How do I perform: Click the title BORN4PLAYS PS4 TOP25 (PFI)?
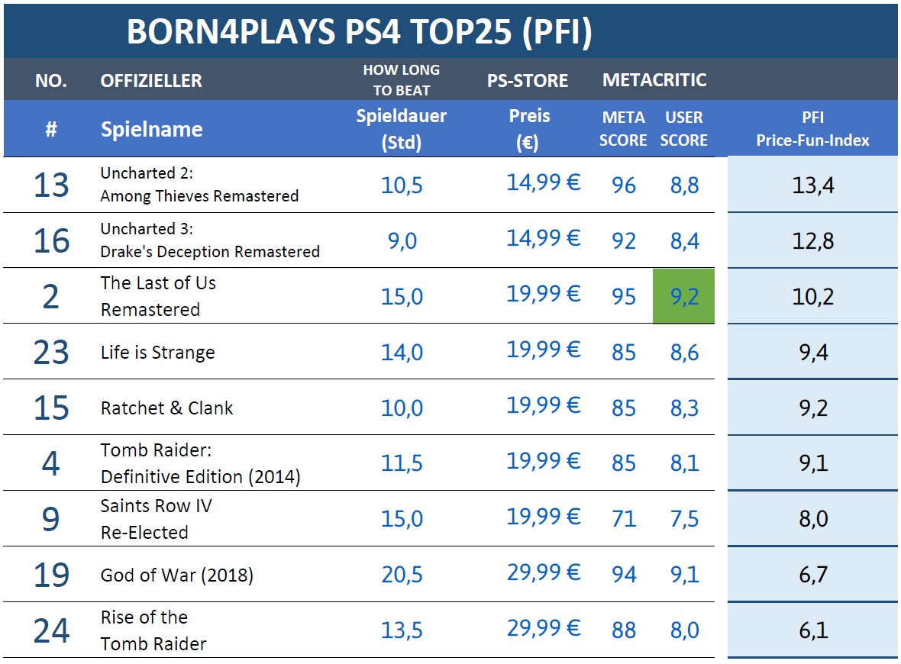click(x=359, y=32)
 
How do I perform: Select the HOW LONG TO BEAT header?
click(x=401, y=80)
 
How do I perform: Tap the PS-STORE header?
click(x=528, y=80)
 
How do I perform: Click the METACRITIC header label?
click(x=654, y=79)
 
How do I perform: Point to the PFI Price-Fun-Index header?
click(x=812, y=129)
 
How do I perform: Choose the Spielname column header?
click(x=151, y=129)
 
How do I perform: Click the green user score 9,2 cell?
click(x=684, y=296)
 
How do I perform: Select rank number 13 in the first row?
click(x=51, y=185)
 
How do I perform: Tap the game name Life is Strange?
click(x=157, y=353)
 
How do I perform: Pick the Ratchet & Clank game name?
click(x=166, y=408)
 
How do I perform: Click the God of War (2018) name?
click(x=176, y=575)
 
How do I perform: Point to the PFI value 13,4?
click(x=812, y=185)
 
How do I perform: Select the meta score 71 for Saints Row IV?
click(x=623, y=519)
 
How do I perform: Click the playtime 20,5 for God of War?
click(x=402, y=575)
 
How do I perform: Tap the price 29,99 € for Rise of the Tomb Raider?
click(x=543, y=629)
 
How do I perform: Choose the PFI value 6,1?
click(x=812, y=630)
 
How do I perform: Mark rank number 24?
click(x=51, y=631)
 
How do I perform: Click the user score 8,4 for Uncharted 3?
click(x=684, y=241)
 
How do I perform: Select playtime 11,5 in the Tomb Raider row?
click(x=402, y=463)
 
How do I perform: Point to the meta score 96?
click(x=623, y=185)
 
